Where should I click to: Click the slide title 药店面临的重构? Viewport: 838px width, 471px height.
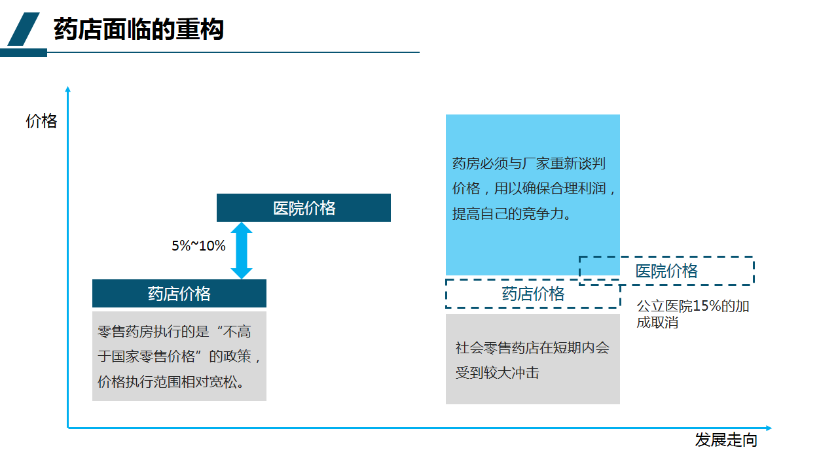point(138,29)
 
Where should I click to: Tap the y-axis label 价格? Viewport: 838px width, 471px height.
point(41,121)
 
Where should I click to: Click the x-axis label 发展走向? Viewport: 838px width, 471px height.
point(726,440)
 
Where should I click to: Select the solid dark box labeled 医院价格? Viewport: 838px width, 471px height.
point(304,207)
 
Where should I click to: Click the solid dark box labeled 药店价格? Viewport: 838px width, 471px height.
point(179,294)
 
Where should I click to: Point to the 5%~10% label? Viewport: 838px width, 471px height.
point(198,245)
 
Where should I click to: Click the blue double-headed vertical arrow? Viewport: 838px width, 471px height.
point(242,251)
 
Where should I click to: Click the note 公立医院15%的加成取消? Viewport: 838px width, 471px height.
point(693,314)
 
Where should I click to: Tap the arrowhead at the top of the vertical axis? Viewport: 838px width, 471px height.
point(67,89)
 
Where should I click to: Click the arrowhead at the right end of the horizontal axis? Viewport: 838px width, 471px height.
point(769,428)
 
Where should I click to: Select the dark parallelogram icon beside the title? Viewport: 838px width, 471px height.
point(23,29)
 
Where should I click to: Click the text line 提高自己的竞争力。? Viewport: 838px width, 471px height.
point(511,214)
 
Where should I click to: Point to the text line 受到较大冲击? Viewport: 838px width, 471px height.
point(497,373)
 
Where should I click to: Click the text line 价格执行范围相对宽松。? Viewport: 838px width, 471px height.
point(172,381)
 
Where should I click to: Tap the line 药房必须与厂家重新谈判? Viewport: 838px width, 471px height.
point(529,164)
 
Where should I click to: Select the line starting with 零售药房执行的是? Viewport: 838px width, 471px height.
point(174,332)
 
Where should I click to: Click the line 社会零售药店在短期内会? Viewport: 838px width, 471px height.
point(532,347)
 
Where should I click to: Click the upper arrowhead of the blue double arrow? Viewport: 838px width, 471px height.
point(242,228)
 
